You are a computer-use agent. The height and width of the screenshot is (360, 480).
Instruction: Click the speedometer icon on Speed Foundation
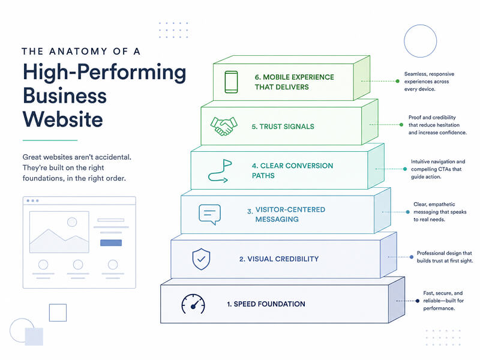(x=193, y=304)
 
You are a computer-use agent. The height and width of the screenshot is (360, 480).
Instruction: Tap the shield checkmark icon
(x=201, y=259)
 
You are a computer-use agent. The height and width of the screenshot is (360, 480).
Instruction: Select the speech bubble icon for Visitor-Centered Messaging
(x=209, y=214)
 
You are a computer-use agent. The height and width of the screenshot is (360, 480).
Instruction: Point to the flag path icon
(x=220, y=171)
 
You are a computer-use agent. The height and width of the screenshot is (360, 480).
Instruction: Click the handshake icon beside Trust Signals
(x=224, y=126)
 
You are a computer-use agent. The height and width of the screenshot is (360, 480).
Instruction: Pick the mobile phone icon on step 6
(x=231, y=82)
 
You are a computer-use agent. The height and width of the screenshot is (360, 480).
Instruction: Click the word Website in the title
(x=63, y=119)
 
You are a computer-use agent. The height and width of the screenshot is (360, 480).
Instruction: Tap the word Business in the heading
(x=65, y=95)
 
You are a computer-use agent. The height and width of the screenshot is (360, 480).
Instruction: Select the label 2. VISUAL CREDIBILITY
(x=279, y=259)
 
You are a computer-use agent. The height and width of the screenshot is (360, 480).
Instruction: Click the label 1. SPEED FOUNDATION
(x=266, y=304)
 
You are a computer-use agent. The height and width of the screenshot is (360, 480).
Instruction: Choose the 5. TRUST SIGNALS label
(x=283, y=127)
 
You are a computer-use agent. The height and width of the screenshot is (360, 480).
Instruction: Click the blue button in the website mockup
(x=111, y=243)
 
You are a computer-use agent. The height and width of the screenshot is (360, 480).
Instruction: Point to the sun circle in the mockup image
(x=72, y=222)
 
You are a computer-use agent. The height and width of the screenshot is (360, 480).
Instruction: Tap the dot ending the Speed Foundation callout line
(x=418, y=301)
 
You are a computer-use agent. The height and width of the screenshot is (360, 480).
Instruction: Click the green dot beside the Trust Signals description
(x=401, y=125)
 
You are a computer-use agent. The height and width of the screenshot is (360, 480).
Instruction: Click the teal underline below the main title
(x=50, y=140)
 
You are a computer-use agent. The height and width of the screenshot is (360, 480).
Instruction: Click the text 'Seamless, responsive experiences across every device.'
(x=429, y=82)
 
